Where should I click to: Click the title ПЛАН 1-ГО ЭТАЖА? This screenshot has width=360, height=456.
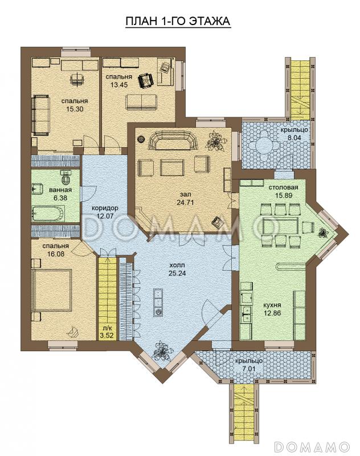click(x=178, y=21)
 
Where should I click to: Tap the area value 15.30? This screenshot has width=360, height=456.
click(x=75, y=109)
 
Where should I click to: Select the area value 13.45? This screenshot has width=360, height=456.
click(x=118, y=85)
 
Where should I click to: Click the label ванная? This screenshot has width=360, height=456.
click(x=60, y=190)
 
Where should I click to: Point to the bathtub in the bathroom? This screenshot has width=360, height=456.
click(x=48, y=213)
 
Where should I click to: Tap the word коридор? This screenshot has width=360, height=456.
click(x=105, y=208)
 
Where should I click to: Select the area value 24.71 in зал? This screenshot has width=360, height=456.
click(x=185, y=202)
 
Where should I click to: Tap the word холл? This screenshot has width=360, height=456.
click(x=177, y=266)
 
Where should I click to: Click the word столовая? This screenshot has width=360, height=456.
click(x=283, y=188)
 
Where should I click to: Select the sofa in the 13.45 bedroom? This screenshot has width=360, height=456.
click(x=141, y=103)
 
